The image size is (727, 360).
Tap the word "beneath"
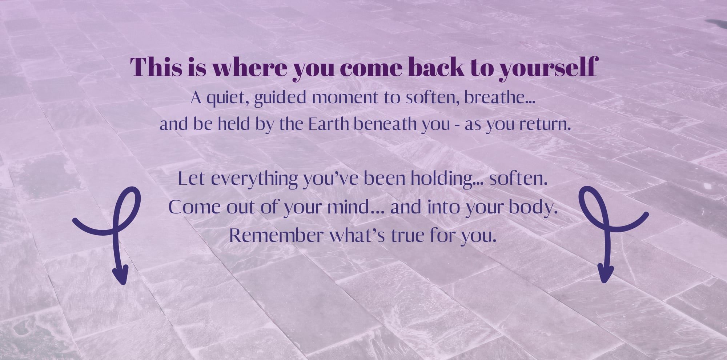tap(385, 124)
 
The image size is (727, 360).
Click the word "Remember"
tap(277, 235)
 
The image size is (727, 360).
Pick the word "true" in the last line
tap(407, 236)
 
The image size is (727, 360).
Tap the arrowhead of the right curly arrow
tap(606, 274)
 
